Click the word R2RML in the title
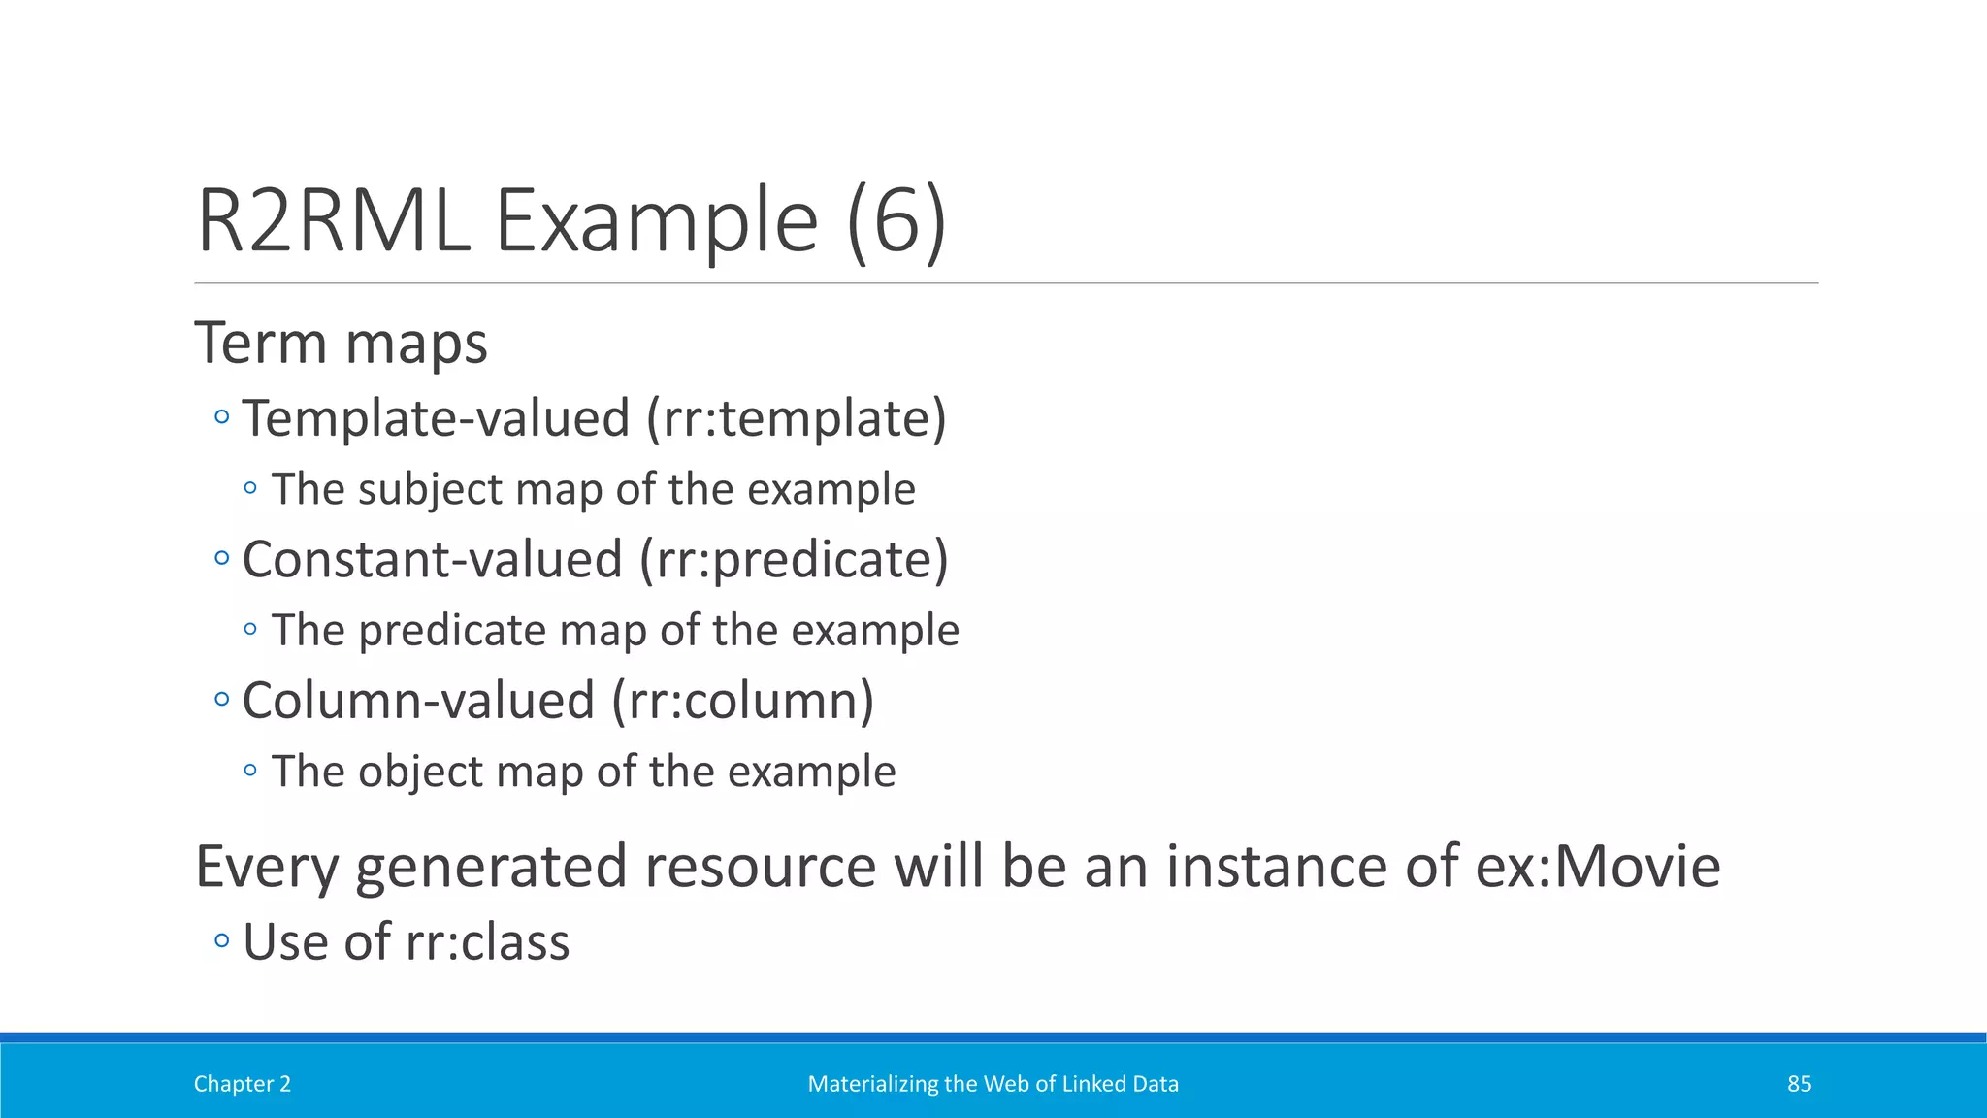click(334, 221)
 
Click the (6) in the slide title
click(896, 221)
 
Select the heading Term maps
click(341, 344)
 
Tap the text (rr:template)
click(797, 418)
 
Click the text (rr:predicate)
click(794, 560)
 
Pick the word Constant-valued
click(432, 560)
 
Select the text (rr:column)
click(743, 701)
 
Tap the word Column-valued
click(418, 701)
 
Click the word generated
click(491, 866)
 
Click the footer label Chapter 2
click(243, 1084)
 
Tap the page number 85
click(1799, 1084)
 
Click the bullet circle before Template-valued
click(222, 418)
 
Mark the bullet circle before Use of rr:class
click(222, 940)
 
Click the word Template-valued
click(437, 418)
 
